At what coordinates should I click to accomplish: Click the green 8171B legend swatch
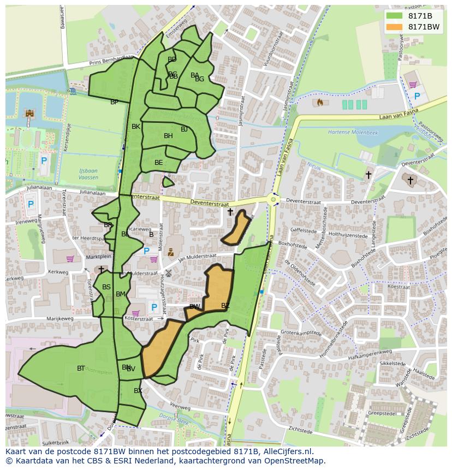pos(395,16)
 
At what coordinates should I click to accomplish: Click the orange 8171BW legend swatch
pos(395,27)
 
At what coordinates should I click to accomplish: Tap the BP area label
pos(114,102)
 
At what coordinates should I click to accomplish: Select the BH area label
pos(168,136)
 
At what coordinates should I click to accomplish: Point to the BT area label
pos(81,368)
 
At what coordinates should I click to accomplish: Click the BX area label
pos(138,391)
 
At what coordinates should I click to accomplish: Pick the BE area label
pos(158,163)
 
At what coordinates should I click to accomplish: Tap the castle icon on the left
pos(29,114)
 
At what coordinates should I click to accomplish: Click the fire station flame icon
pos(320,102)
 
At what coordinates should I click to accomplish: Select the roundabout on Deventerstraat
pos(274,200)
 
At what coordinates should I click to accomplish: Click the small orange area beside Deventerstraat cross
pos(236,229)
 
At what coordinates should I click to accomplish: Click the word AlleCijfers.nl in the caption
pos(286,451)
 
